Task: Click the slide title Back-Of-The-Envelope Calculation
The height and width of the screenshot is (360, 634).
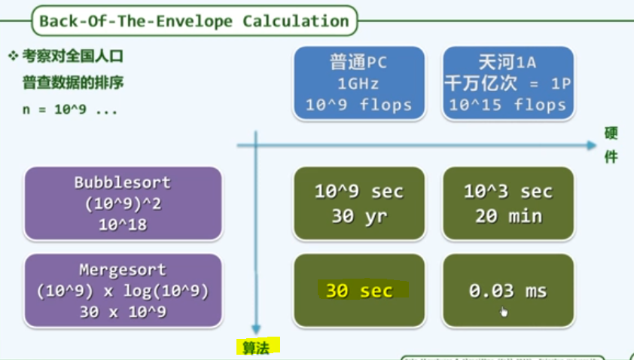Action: pos(194,20)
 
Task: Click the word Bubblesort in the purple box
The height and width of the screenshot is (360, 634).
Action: pos(123,183)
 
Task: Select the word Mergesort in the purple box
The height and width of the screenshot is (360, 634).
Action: pos(123,270)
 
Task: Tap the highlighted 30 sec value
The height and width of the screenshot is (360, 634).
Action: pos(359,291)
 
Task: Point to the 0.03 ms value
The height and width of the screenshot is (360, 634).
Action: pos(508,291)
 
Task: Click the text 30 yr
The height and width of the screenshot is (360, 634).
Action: pos(358,215)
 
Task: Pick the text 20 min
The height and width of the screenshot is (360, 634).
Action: pos(508,215)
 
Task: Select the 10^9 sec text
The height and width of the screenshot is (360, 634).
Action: pos(358,191)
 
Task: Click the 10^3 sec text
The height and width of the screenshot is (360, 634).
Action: pos(508,191)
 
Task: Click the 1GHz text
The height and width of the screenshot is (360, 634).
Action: pos(358,84)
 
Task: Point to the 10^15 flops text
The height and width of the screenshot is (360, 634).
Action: pos(508,105)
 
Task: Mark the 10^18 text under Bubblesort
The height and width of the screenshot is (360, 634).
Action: pos(123,224)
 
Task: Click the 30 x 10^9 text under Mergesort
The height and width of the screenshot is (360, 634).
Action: pos(123,312)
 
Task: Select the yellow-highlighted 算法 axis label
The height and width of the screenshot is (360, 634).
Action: pos(257,347)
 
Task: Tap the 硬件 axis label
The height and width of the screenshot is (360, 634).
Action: pos(611,145)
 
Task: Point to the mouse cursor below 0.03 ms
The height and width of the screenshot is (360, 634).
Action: pos(504,311)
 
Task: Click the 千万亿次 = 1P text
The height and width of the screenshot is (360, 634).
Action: pos(508,84)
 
